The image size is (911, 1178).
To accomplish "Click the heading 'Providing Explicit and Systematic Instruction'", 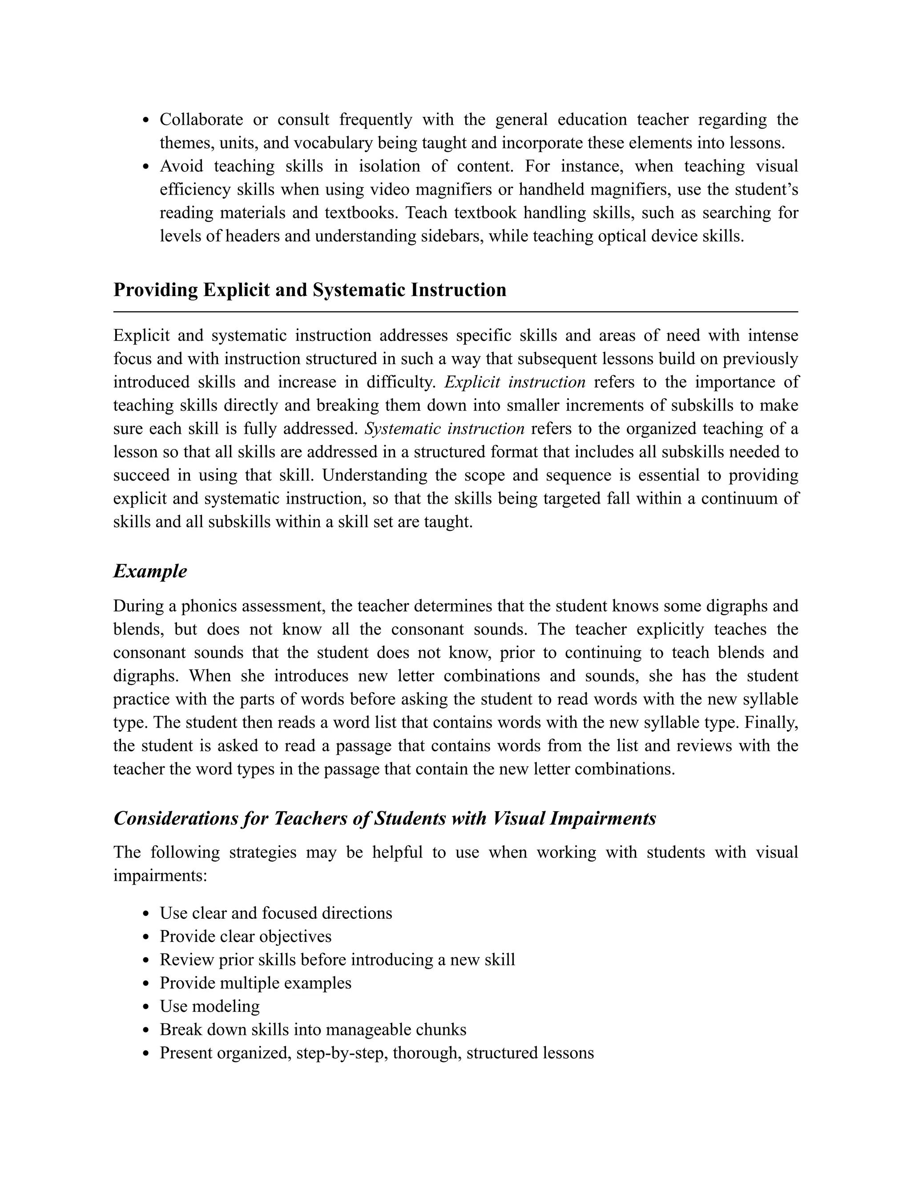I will [x=310, y=290].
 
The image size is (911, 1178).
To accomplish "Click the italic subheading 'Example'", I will [x=150, y=571].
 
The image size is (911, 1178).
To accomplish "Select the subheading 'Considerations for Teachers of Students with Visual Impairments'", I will [x=385, y=818].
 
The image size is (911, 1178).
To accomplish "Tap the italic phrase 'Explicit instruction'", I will [x=515, y=382].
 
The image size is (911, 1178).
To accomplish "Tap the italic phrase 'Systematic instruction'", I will [x=444, y=429].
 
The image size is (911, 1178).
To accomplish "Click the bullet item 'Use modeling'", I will [x=210, y=1006].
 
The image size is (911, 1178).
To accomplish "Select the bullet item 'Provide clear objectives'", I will [x=246, y=936].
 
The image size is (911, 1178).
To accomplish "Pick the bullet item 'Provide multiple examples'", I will [x=255, y=983].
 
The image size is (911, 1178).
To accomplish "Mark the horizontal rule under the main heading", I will [x=455, y=312].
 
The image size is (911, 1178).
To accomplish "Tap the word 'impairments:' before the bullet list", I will [x=160, y=876].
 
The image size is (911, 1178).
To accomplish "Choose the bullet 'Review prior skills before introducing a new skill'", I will [x=337, y=960].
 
